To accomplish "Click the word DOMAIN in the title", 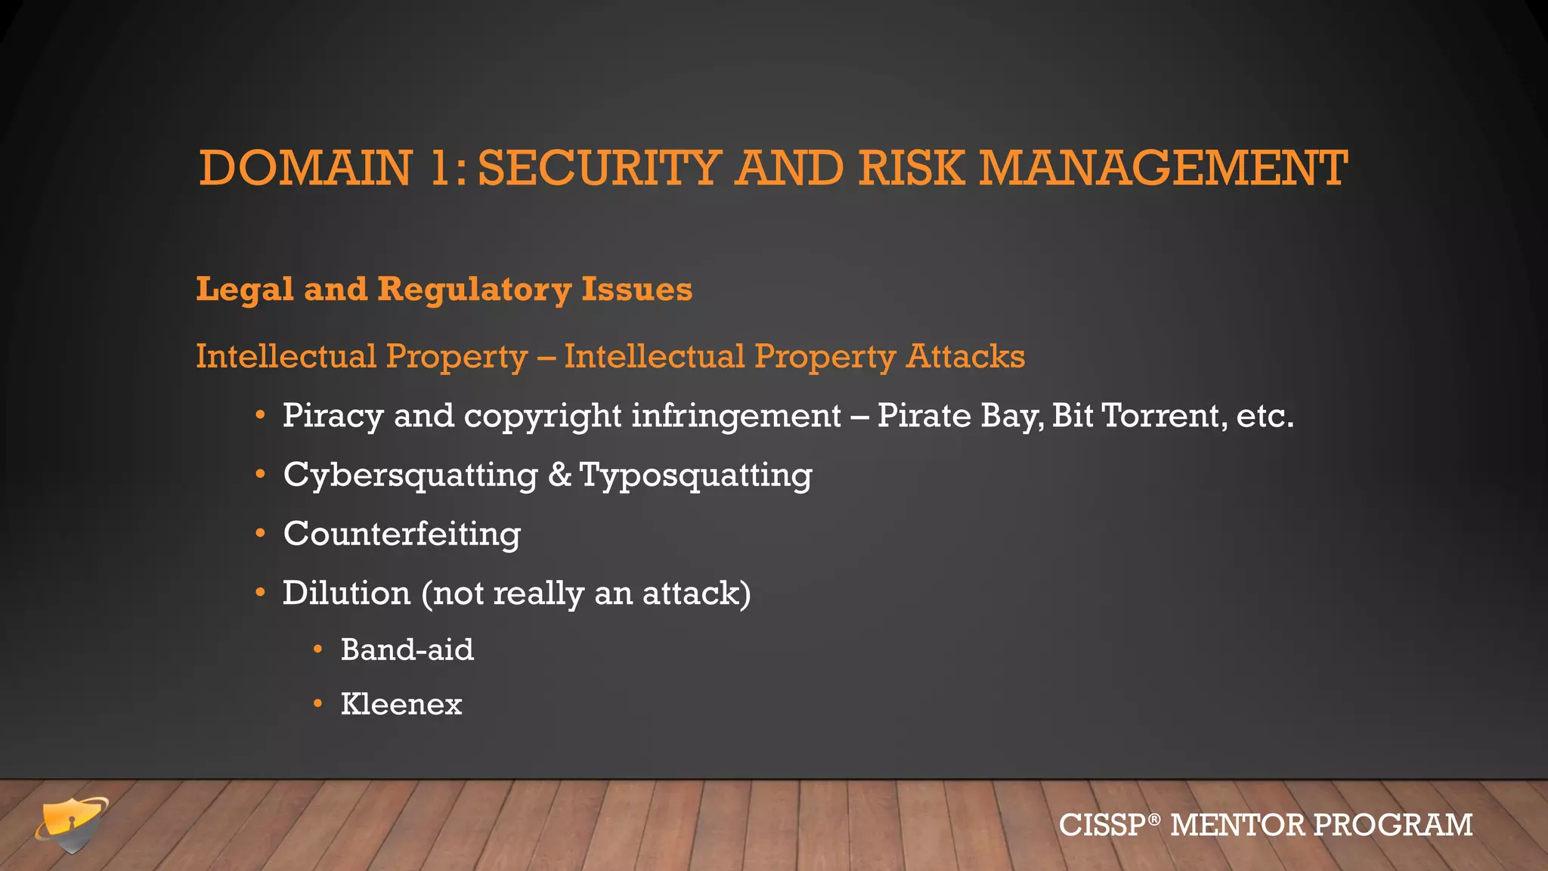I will point(305,168).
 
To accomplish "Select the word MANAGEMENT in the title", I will point(1163,168).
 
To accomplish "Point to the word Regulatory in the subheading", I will point(474,290).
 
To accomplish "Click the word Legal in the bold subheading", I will point(244,290).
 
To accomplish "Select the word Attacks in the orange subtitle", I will point(965,356).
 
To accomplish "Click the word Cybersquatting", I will point(410,476).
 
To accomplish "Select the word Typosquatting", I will point(695,476).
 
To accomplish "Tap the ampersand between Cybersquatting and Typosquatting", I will point(559,475).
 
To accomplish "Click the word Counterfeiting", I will point(401,534).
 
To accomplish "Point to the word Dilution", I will point(346,593).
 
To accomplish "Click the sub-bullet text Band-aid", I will point(407,650).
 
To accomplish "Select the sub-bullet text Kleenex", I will point(401,705).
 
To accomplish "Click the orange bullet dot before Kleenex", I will point(318,705).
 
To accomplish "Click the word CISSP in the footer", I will point(1103,825).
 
